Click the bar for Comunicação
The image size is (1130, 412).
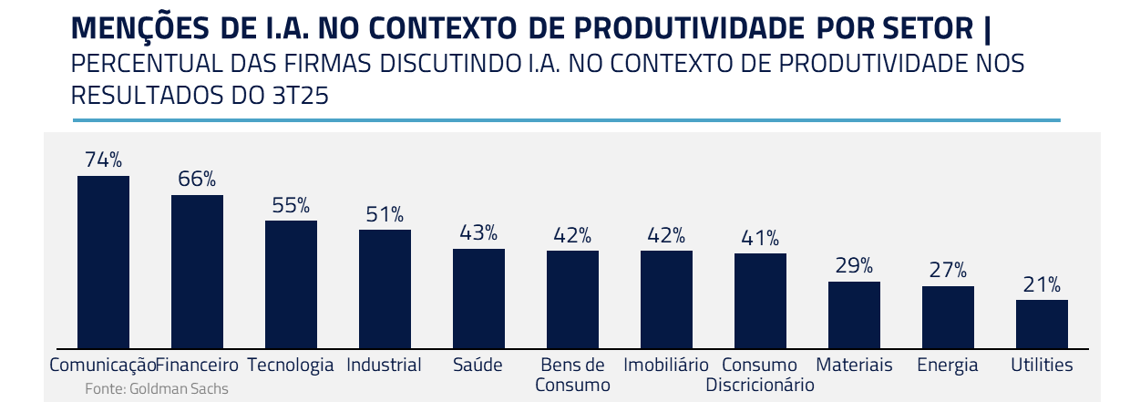103,262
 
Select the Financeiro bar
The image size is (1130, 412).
197,272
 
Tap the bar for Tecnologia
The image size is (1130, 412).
291,284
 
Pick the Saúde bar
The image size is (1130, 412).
478,298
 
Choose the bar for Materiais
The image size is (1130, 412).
854,314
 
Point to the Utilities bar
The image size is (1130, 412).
1042,324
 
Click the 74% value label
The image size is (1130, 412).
103,160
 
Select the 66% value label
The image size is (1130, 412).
197,179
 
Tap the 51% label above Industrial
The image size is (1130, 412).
385,214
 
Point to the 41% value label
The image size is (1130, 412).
760,238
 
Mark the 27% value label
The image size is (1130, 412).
948,271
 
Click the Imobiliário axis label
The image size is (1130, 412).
666,366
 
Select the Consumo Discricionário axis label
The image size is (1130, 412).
760,376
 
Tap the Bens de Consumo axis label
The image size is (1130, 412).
572,376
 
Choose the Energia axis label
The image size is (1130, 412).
948,366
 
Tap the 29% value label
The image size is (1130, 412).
854,266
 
